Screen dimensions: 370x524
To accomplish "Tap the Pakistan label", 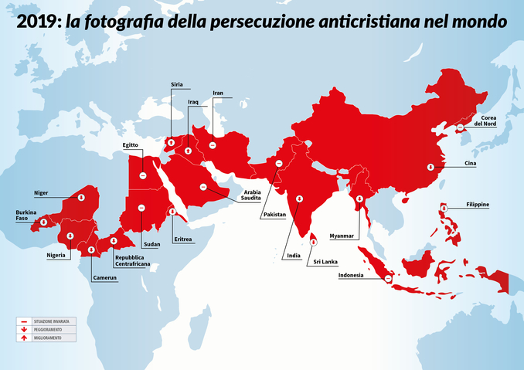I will (274, 214).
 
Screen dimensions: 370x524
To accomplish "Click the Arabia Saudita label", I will (250, 195).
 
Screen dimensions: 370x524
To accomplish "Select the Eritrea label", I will (183, 239).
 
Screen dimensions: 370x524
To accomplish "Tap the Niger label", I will (41, 192).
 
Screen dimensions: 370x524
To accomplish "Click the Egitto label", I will (130, 144).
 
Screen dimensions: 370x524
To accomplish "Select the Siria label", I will (177, 85).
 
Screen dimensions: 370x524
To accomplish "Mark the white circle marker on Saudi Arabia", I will (203, 186).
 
